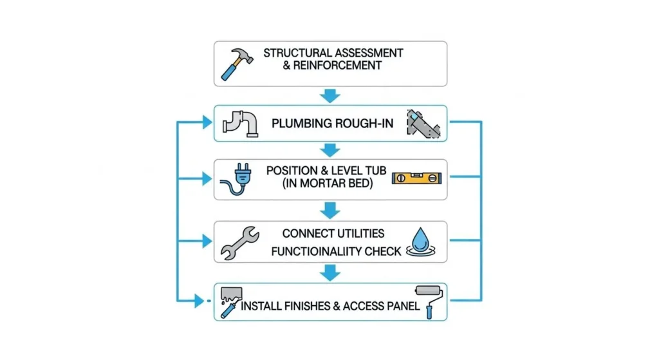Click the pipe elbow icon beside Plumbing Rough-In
240,123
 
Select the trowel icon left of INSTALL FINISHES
230,301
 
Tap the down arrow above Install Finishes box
330,272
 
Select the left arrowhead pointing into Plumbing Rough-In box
206,122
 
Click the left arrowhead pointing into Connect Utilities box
206,242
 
